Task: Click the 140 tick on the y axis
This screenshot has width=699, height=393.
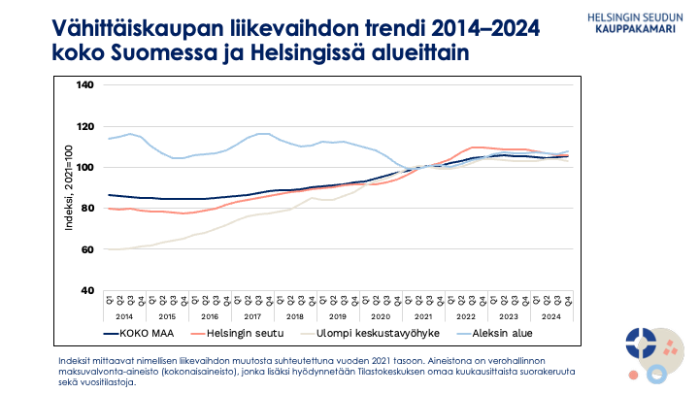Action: coord(84,85)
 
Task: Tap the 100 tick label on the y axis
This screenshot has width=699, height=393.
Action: coord(84,167)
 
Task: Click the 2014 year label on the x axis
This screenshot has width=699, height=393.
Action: coord(124,316)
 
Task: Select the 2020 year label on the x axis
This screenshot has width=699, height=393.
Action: coord(382,316)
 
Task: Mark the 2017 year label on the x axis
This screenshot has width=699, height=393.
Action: coord(252,316)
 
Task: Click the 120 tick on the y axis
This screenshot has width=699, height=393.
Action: coord(84,126)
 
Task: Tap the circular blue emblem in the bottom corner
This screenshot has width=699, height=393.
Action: coord(642,342)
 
